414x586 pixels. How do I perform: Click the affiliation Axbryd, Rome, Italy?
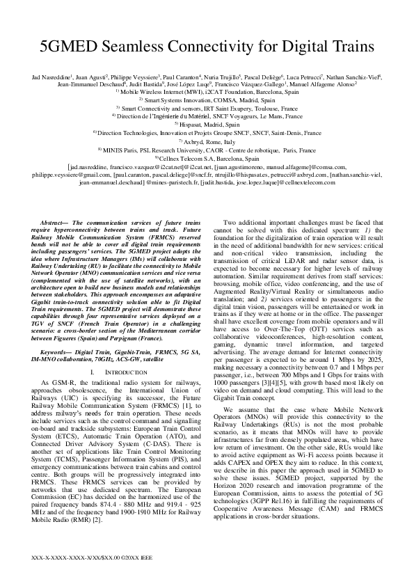coord(207,141)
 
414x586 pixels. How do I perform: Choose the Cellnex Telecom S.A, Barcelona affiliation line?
coord(207,158)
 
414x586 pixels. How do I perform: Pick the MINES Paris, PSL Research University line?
coord(207,149)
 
